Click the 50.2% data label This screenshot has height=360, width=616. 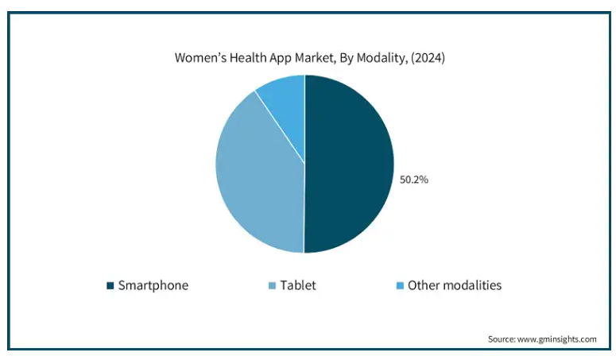point(413,180)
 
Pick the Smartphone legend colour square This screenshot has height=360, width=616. point(110,285)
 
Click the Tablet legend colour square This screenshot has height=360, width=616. point(272,285)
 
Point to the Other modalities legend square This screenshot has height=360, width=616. point(400,285)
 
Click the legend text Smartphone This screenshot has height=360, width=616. point(153,285)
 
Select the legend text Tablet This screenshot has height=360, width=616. point(298,285)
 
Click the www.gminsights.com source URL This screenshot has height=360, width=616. point(559,339)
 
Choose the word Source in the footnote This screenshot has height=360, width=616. point(503,339)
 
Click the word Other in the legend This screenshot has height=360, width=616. point(423,285)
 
